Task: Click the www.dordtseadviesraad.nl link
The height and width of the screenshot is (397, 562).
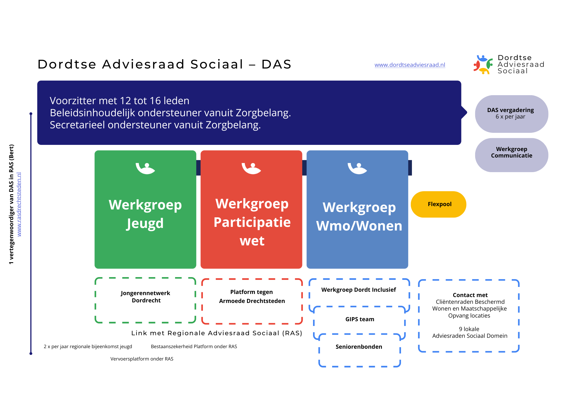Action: point(410,65)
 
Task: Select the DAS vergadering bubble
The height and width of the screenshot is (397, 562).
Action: point(511,114)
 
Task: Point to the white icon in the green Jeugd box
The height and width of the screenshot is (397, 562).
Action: point(145,168)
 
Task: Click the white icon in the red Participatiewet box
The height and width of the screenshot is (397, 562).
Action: point(251,168)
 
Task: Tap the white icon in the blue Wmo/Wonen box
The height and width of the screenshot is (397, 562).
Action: point(357,168)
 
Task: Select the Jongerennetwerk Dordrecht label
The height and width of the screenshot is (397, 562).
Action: point(146,297)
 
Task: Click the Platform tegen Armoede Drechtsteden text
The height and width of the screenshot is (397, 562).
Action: point(252,296)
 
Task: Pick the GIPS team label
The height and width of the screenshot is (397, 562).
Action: point(360,319)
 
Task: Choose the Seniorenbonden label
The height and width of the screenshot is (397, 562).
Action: point(359,347)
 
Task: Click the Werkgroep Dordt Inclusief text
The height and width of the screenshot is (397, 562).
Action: point(359,290)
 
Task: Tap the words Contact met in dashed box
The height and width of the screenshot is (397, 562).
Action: point(470,295)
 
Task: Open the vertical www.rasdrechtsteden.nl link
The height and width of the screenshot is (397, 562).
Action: point(19,204)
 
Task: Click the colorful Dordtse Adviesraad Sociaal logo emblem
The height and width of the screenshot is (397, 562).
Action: point(483,65)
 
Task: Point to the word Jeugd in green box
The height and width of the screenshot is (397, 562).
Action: point(145,224)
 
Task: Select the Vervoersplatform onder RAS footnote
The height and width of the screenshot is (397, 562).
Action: point(142,359)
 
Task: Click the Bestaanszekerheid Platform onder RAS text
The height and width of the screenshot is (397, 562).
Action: point(194,346)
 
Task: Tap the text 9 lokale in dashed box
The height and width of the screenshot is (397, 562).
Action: point(469,329)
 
